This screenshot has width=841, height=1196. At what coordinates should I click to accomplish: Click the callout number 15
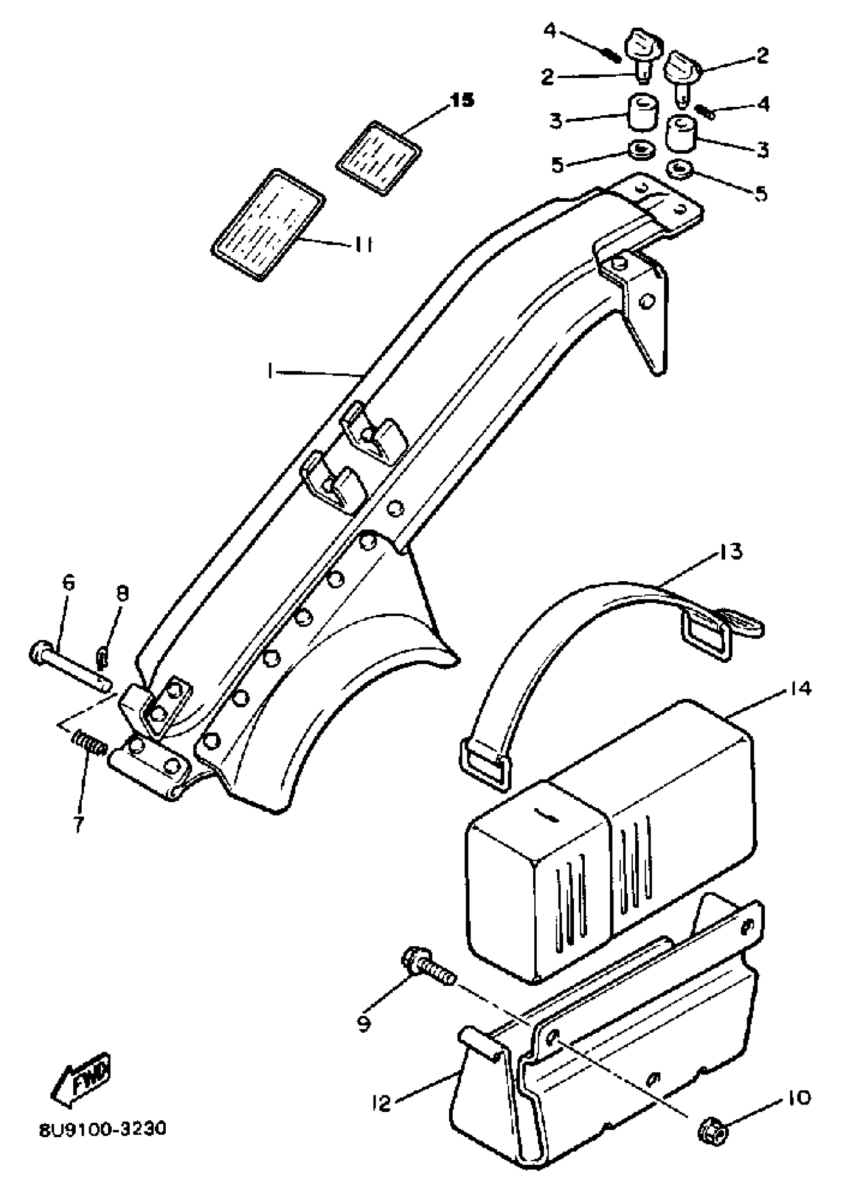(x=462, y=100)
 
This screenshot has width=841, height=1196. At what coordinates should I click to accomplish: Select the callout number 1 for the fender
(x=270, y=371)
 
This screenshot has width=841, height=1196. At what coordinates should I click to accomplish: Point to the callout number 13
(x=731, y=552)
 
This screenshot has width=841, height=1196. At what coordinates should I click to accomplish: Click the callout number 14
(x=800, y=689)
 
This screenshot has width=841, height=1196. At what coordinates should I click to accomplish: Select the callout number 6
(x=68, y=582)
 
